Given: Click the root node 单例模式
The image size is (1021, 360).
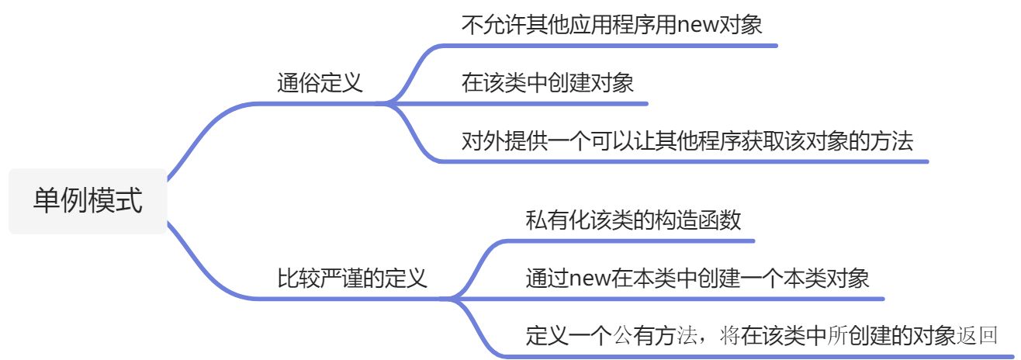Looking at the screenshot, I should coord(88,201).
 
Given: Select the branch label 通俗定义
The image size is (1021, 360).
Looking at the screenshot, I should coord(320,83).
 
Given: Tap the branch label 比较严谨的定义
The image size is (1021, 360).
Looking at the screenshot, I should coord(352,278).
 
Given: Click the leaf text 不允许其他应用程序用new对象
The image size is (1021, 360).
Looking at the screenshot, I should coord(612,26).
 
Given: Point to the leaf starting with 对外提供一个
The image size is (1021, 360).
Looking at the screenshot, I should coord(687,142).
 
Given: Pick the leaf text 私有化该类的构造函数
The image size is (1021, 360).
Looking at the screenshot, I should coord(633,220).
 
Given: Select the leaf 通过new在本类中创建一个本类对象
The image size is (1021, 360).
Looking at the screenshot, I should coord(697,279).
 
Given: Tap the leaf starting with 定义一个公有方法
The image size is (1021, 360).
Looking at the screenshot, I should coord(760,336).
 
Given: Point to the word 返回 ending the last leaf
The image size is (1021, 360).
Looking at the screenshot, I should coord(977,336).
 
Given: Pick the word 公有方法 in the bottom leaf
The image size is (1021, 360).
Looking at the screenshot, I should coord(643,336).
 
